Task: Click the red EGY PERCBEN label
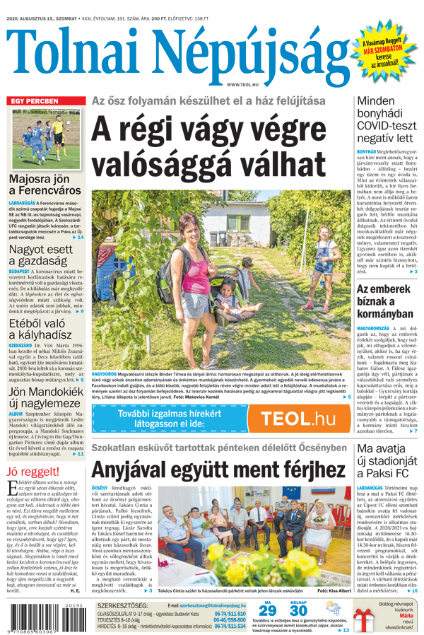coord(35,101)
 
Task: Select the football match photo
coord(46,139)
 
